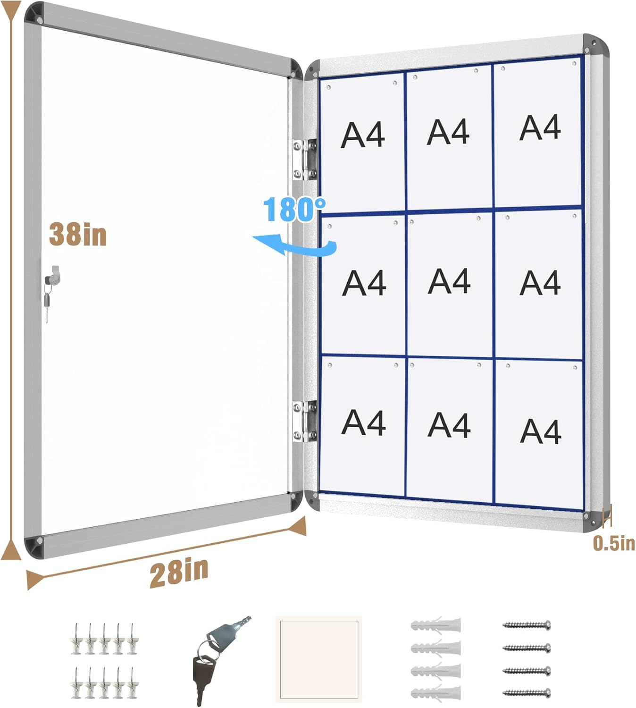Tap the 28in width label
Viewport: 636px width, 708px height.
tap(179, 573)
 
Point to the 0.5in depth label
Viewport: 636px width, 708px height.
tap(613, 543)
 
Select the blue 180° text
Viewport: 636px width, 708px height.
tap(294, 210)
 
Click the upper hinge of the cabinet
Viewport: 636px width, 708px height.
tap(304, 160)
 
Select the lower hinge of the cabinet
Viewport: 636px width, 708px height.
tap(304, 421)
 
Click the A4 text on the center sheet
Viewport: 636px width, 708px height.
tap(449, 281)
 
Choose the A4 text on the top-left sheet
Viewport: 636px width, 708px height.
tap(363, 135)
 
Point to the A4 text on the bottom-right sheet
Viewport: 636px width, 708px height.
tap(540, 431)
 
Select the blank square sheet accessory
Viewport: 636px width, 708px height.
tap(318, 658)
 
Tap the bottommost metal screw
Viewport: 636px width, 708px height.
tap(527, 693)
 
